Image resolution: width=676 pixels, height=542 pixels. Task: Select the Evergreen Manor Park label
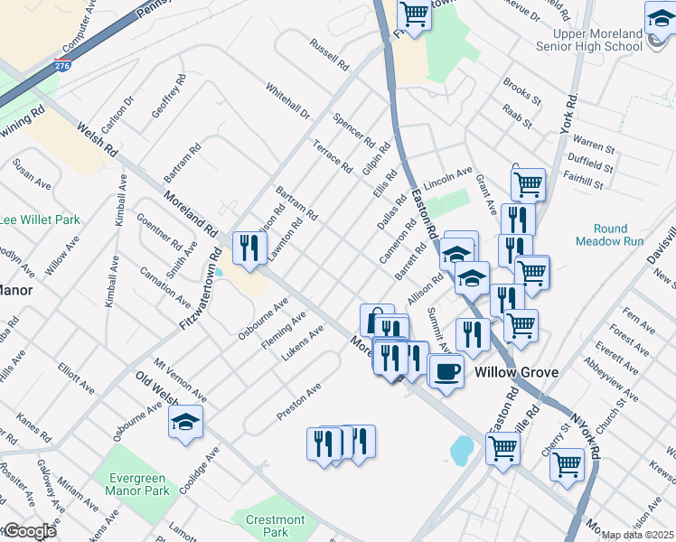137,484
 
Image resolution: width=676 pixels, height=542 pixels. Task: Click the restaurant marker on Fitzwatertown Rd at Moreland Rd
249,248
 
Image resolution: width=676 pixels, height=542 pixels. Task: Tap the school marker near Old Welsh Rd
185,421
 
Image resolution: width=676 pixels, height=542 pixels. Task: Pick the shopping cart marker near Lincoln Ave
528,184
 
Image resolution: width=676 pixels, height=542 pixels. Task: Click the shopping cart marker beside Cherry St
567,464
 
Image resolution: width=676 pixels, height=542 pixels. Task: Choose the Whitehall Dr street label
287,102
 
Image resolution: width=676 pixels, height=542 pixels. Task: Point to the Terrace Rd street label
332,156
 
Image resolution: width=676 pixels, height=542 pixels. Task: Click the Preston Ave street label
299,401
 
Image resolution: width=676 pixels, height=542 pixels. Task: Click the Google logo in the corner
31,531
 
